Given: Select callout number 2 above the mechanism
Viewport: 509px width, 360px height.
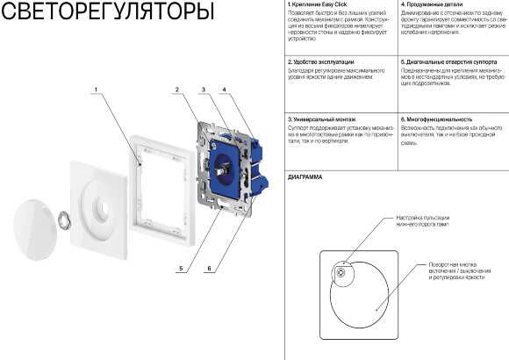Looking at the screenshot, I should click(x=178, y=90).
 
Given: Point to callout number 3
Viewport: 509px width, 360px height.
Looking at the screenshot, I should click(x=203, y=90).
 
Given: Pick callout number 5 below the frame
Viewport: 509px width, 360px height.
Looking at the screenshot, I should click(x=181, y=268).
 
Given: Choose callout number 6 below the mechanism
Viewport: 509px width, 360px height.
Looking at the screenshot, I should click(x=210, y=268).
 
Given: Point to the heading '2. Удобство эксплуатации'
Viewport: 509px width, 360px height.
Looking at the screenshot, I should click(x=321, y=62).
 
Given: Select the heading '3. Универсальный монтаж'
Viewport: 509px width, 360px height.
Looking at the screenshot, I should click(x=321, y=119).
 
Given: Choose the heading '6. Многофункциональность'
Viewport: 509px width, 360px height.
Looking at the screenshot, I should click(x=436, y=119).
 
